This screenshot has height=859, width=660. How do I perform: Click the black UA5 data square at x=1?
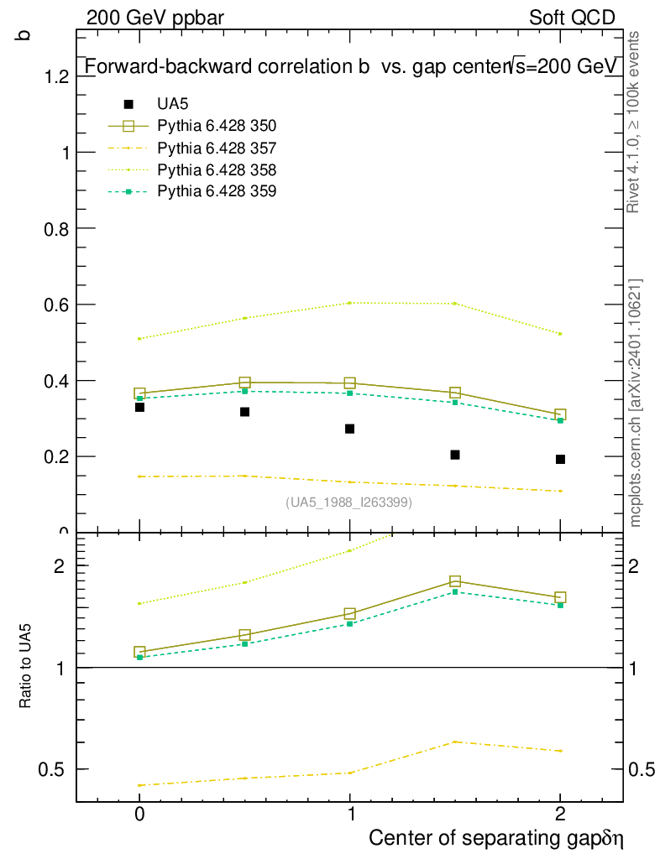click(x=350, y=429)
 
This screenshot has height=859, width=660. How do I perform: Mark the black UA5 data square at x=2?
click(x=560, y=459)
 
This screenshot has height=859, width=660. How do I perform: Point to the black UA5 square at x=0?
click(x=139, y=407)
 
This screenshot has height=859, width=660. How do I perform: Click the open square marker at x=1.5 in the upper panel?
click(x=455, y=393)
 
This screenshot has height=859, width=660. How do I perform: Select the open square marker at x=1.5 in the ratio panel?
click(x=455, y=581)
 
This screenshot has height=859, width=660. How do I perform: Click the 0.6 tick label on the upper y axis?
click(x=57, y=305)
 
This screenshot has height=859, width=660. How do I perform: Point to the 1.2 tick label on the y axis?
click(x=57, y=76)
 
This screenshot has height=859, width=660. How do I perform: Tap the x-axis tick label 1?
click(x=350, y=814)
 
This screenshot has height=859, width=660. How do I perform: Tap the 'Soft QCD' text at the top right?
click(x=572, y=18)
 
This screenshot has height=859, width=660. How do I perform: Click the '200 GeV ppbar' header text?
click(x=155, y=18)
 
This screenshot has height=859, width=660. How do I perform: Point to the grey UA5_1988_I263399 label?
click(x=349, y=502)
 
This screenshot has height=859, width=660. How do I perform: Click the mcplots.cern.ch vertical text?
click(x=636, y=403)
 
